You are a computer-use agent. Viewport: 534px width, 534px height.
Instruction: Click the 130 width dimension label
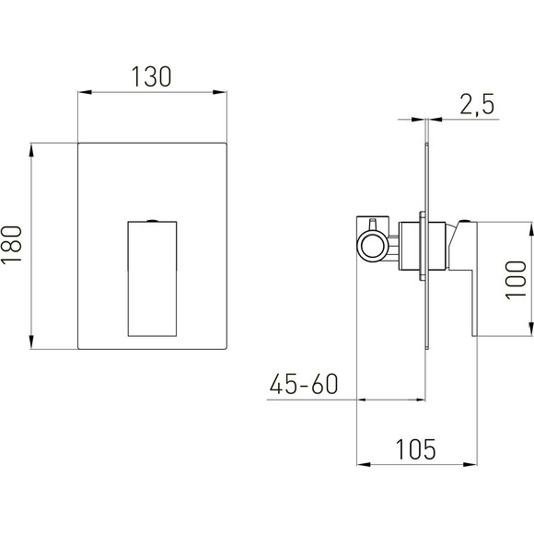(x=152, y=76)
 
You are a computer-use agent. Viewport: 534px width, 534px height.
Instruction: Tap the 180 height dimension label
(x=12, y=245)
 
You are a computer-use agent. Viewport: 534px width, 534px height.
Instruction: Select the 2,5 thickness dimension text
(x=477, y=105)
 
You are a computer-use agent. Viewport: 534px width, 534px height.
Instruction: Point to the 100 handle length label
(x=516, y=280)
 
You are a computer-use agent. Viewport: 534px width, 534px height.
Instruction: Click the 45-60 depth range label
(x=304, y=384)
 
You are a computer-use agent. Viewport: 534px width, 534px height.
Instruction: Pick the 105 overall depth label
(x=416, y=449)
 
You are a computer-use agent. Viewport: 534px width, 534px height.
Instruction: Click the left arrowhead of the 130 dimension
(x=85, y=92)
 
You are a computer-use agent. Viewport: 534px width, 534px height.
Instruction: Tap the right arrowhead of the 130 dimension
(x=220, y=92)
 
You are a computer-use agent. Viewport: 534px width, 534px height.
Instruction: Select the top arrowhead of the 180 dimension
(x=31, y=150)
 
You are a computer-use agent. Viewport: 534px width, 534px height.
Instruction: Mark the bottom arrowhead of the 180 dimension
(x=31, y=342)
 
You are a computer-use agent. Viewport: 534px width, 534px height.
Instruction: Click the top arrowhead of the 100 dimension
(x=530, y=229)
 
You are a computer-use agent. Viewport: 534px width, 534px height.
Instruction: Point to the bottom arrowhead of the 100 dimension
(x=530, y=330)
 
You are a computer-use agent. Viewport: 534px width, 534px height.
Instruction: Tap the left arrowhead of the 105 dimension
(x=364, y=464)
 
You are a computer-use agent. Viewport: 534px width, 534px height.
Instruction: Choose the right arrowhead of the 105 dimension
(x=470, y=464)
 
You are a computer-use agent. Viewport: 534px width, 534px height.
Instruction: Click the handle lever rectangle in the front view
(x=152, y=279)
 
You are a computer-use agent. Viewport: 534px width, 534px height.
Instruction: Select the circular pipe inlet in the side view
(x=372, y=246)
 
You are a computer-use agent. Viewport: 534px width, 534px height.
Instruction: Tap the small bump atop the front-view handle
(x=152, y=221)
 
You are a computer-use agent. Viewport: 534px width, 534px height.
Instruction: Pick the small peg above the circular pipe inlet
(x=372, y=225)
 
